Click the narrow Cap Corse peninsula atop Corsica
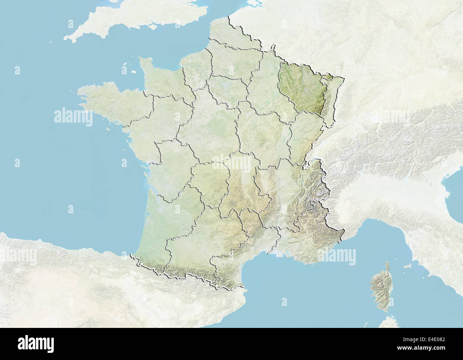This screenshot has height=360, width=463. [x=387, y=266]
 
